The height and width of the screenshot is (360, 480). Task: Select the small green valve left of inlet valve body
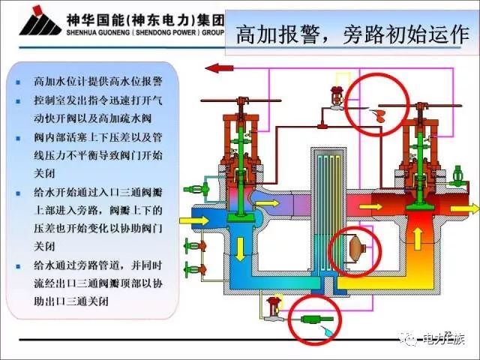202,189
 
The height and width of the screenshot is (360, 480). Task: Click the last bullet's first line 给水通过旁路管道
97,265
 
